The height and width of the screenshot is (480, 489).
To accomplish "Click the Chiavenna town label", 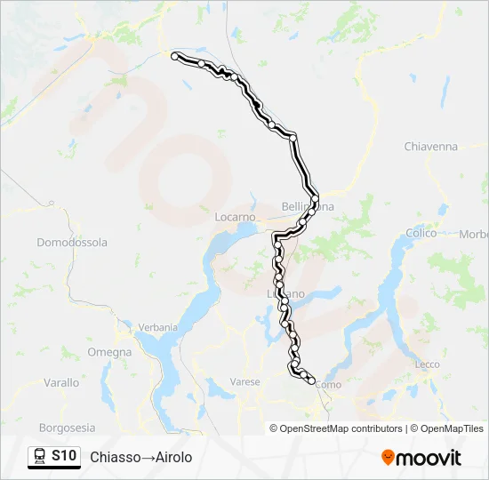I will point(430,146).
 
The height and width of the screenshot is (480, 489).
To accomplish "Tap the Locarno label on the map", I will point(235,217).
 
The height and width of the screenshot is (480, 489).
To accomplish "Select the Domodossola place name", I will point(72,242).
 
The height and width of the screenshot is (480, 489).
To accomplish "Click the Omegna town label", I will point(109,352).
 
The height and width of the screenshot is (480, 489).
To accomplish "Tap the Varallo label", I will point(61,382).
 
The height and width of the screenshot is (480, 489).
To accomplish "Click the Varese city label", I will point(244,382).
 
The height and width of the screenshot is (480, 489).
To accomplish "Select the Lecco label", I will point(427,364).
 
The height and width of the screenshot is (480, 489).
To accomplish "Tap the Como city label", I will point(328,385).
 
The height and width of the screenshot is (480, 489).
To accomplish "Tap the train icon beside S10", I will point(40,456).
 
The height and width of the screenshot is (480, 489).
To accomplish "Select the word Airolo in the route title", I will point(173,457).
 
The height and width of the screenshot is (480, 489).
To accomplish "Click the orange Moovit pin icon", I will point(388,458).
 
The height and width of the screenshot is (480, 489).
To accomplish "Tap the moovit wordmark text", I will point(429,458).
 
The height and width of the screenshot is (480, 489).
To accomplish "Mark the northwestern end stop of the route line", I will point(175,56).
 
